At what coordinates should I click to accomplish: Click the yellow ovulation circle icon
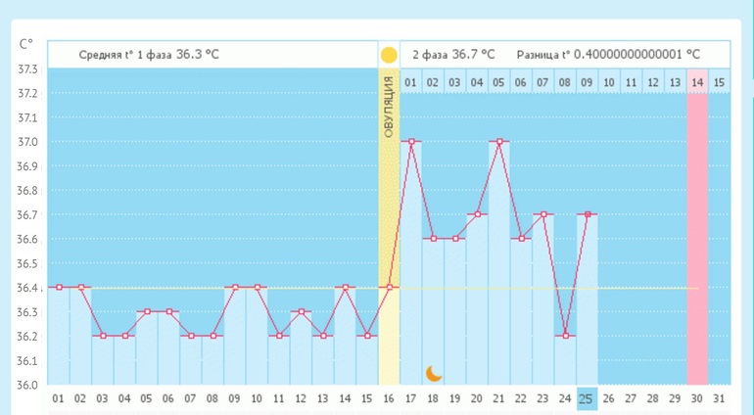[x=389, y=55]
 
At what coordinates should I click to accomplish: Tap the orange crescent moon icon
[x=434, y=373]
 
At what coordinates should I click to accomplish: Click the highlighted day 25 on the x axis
[x=586, y=399]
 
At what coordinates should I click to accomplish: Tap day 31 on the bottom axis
[x=720, y=399]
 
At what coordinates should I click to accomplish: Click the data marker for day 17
[x=411, y=141]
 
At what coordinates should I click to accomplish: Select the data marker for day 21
[x=499, y=141]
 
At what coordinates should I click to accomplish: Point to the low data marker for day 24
[x=564, y=336]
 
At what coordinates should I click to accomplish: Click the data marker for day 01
[x=59, y=287]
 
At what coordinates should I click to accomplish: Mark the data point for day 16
[x=389, y=287]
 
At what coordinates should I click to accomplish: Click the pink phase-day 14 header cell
[x=697, y=82]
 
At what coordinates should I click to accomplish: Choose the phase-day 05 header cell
[x=499, y=82]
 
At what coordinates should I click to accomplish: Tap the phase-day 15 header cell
[x=720, y=82]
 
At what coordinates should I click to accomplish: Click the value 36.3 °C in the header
[x=197, y=54]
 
